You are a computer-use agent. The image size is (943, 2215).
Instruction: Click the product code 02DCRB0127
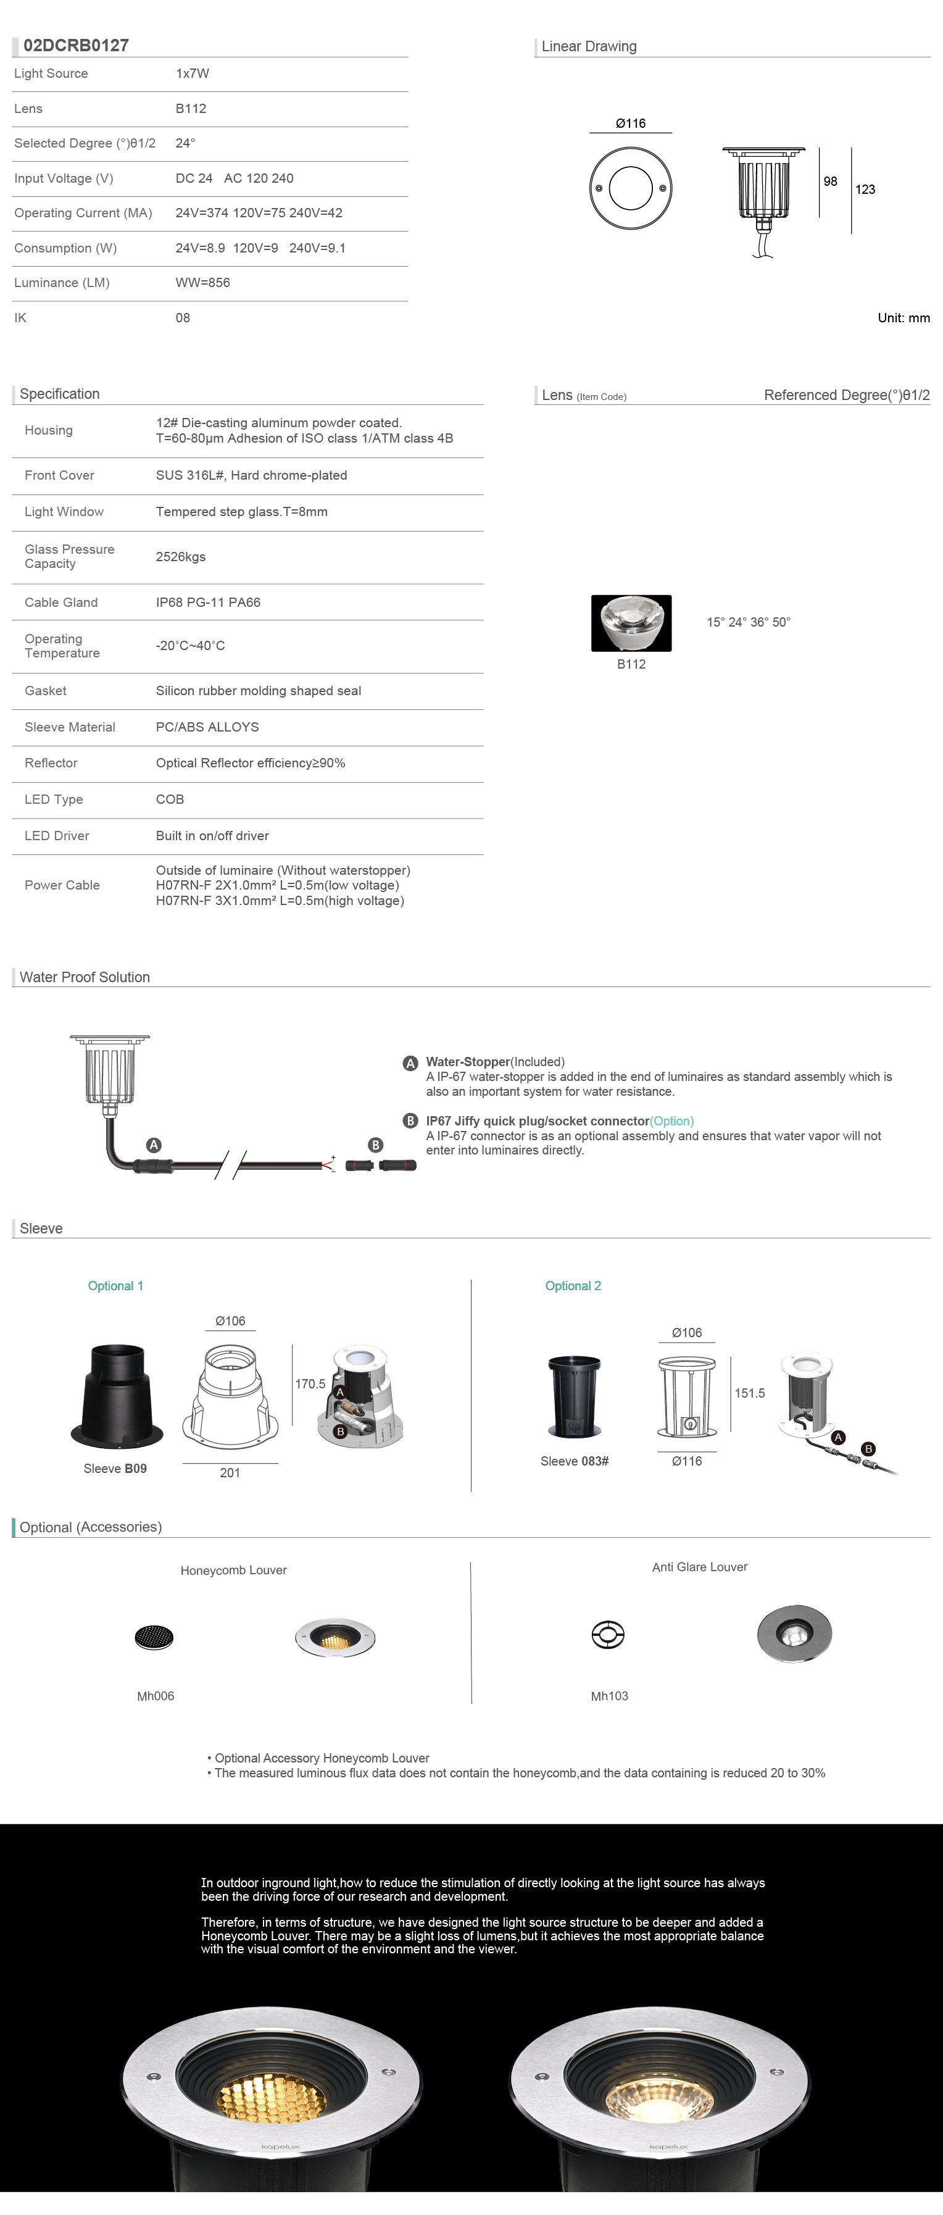[x=76, y=46]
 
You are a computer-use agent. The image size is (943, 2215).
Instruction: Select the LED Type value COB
[x=169, y=799]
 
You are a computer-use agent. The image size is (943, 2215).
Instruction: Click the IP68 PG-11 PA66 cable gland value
[x=208, y=603]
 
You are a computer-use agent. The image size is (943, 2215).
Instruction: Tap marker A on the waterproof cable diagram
[x=154, y=1145]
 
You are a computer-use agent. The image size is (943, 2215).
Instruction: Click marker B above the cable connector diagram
[x=375, y=1145]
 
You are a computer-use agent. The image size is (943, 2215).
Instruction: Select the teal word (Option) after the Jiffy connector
[x=671, y=1121]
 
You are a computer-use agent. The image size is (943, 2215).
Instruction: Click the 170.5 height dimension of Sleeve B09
[x=310, y=1383]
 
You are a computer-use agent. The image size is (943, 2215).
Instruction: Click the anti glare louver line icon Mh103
[x=608, y=1635]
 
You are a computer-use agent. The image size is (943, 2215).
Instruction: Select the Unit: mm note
[x=903, y=318]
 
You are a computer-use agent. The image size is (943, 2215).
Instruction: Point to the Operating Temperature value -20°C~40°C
[x=190, y=646]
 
